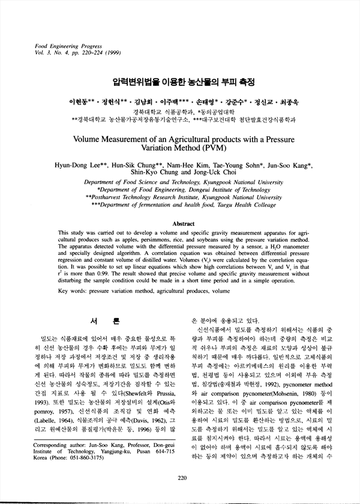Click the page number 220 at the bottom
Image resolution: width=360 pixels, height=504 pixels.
[181, 478]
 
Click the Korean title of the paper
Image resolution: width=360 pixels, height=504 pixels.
[180, 80]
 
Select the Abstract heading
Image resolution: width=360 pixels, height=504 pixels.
[180, 223]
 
